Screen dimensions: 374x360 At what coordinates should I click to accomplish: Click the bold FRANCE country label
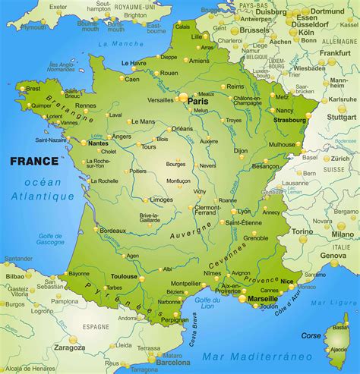click(x=33, y=161)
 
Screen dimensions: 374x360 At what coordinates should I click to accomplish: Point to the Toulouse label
click(x=125, y=277)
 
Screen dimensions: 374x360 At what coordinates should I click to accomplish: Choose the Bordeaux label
click(x=113, y=230)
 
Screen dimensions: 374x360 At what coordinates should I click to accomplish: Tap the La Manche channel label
click(x=127, y=44)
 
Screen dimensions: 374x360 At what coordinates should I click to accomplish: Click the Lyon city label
click(x=244, y=212)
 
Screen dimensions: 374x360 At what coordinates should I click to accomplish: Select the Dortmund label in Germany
click(x=328, y=11)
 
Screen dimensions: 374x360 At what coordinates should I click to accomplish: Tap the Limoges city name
click(x=162, y=200)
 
